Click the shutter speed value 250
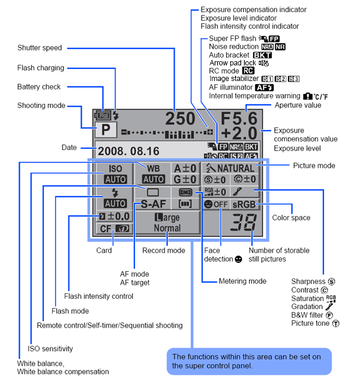tap(181, 118)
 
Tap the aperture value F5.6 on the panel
tap(238, 118)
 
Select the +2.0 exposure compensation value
tap(238, 133)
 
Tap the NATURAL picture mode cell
tap(230, 168)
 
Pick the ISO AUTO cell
tap(115, 173)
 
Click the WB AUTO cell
tap(153, 173)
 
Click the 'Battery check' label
tap(39, 87)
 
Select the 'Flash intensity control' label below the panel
tap(98, 296)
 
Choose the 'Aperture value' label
tap(298, 105)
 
